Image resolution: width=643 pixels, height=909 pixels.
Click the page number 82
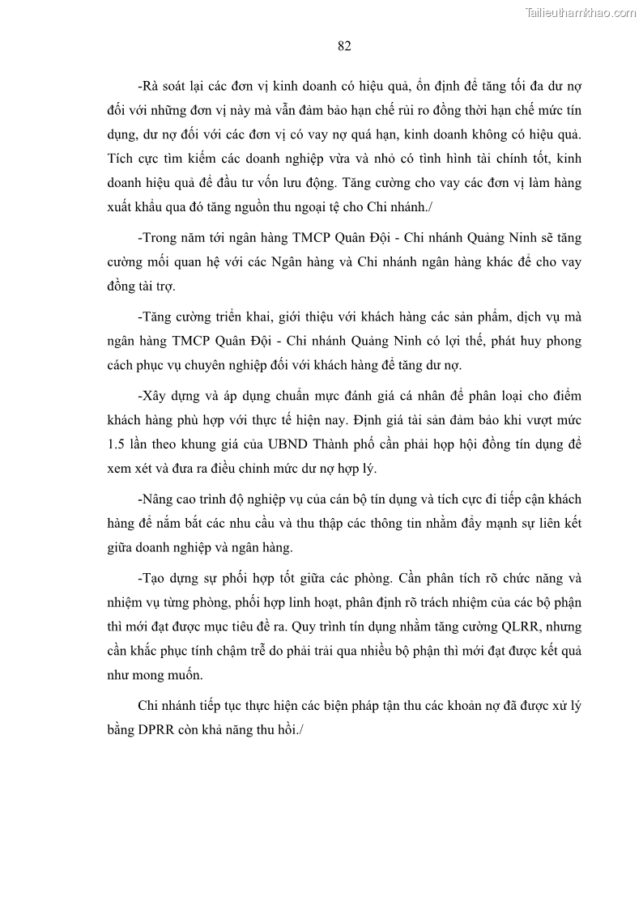pyautogui.click(x=343, y=46)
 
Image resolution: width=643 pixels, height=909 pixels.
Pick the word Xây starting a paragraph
pyautogui.click(x=154, y=396)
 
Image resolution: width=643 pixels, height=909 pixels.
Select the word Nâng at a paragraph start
pyautogui.click(x=158, y=499)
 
